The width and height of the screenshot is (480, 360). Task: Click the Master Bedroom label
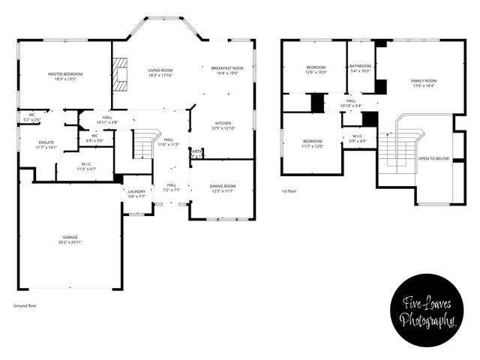[x=65, y=74]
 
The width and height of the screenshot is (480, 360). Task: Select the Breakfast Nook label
[x=227, y=68]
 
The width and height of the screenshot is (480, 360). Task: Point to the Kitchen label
[x=223, y=123]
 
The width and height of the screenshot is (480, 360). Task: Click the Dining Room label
[x=223, y=185]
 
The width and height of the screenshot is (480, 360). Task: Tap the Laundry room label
[x=136, y=191]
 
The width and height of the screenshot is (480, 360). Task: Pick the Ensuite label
[x=46, y=142]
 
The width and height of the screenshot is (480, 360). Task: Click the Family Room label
[x=423, y=80]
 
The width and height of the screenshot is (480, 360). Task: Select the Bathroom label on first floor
[x=360, y=66]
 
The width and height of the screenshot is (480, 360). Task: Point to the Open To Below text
[x=433, y=158]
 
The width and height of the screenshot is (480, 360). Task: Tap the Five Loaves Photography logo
[x=428, y=311]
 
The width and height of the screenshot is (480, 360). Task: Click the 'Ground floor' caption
[x=25, y=306]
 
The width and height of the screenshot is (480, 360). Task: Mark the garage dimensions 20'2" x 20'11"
[x=70, y=243]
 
